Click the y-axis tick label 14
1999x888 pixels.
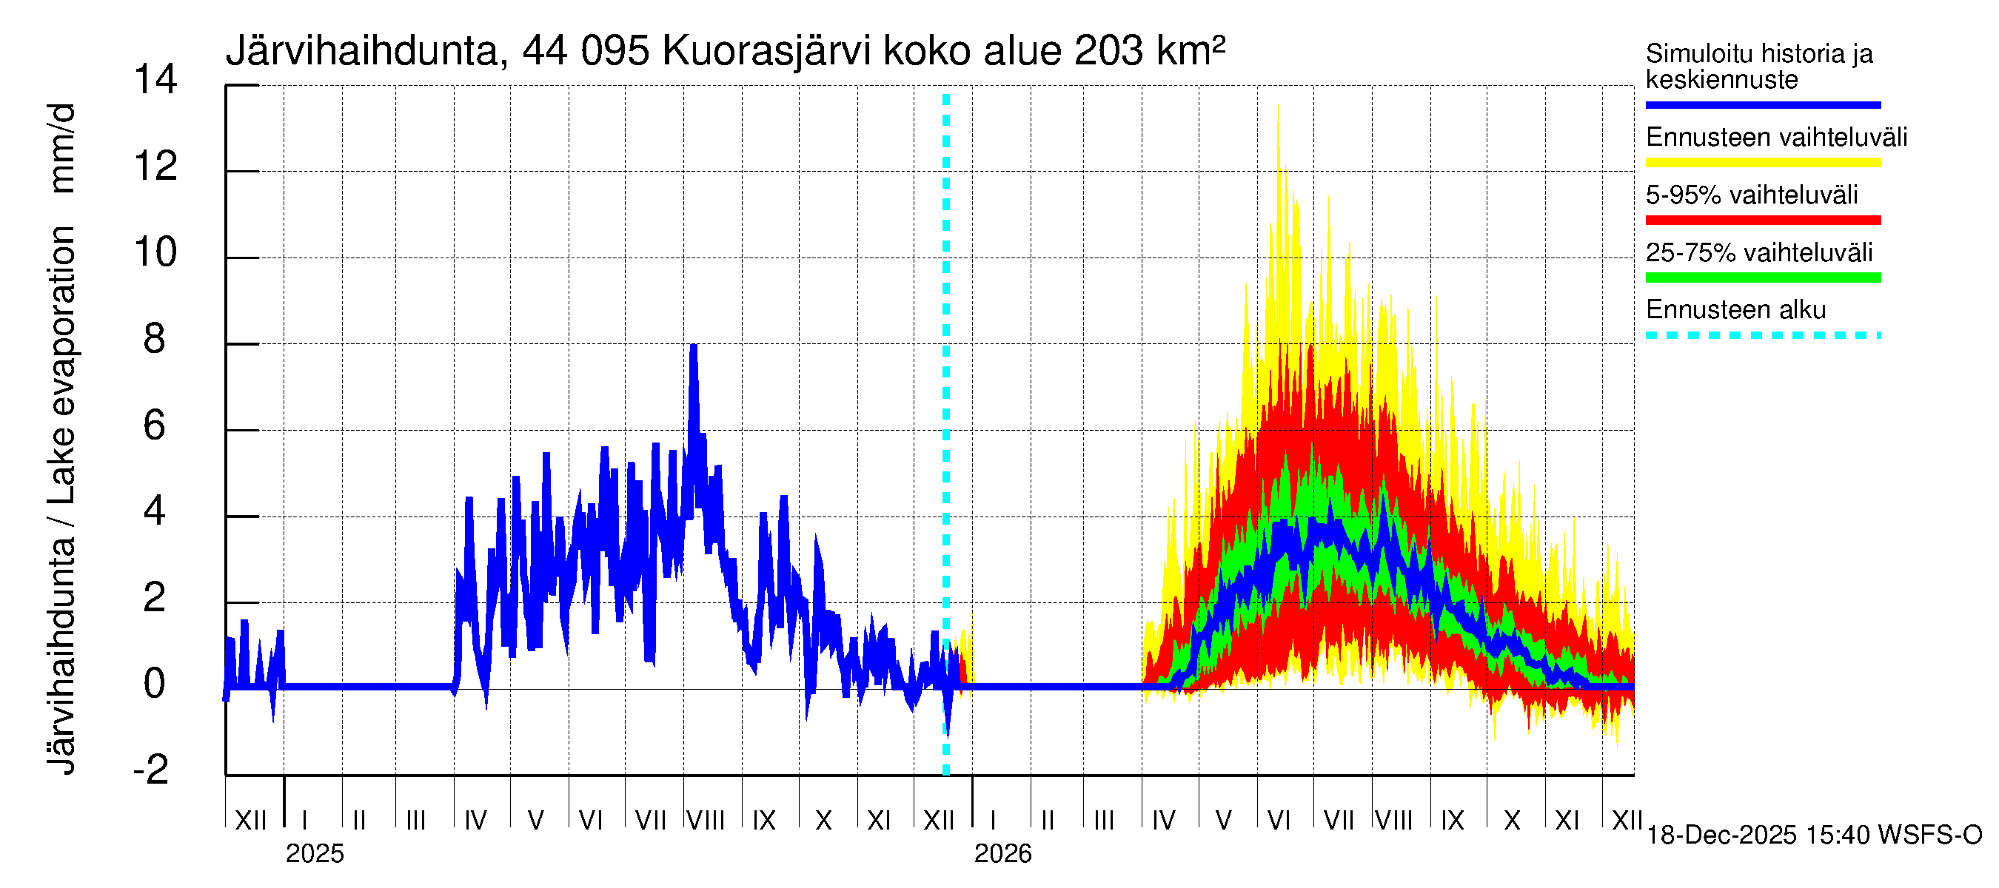(155, 80)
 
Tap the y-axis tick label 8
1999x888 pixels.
(155, 339)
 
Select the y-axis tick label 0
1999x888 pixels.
(155, 684)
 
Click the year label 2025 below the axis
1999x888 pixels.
(314, 854)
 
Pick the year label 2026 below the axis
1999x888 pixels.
(1002, 854)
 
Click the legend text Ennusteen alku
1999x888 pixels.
(1736, 310)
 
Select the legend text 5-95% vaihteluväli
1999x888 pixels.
(1752, 195)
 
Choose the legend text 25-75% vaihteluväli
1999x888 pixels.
(1758, 253)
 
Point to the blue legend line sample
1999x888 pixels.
(1762, 104)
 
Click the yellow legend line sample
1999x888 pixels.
(1762, 163)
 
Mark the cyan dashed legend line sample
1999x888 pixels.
(1762, 336)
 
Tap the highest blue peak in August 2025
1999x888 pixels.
(694, 346)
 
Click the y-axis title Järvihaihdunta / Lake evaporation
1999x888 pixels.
(62, 438)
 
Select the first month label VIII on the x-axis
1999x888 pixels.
(706, 821)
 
